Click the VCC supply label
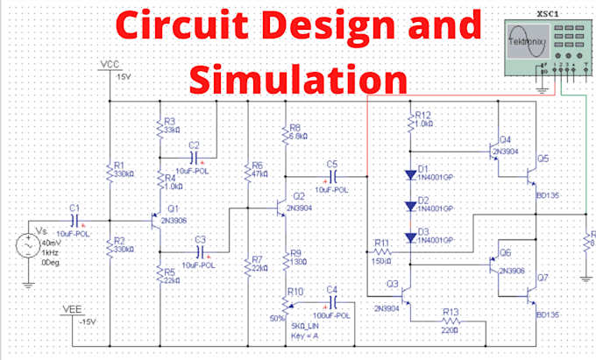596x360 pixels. coord(110,65)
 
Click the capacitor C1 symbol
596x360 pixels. coord(74,220)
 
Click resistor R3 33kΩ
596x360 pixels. coord(160,128)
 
